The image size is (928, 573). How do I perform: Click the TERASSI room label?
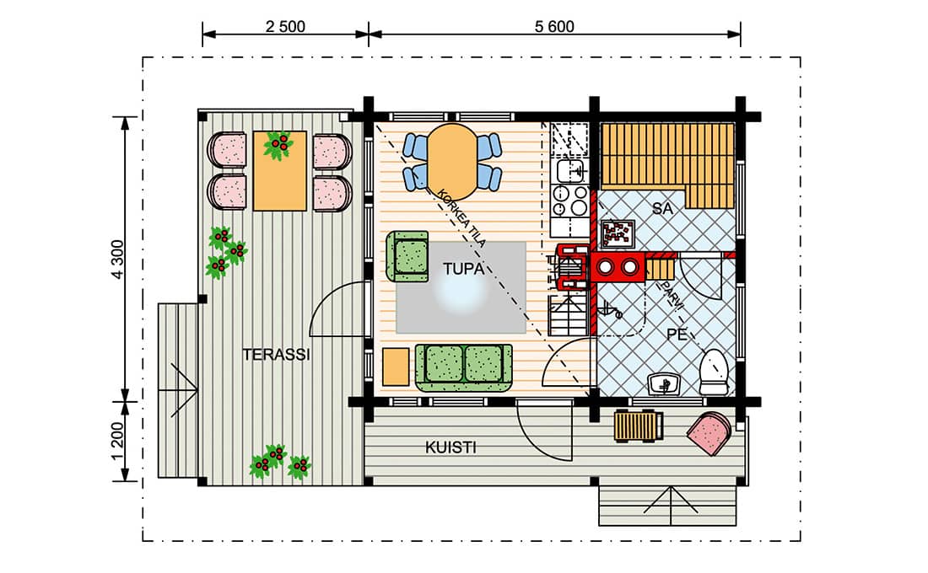tap(277, 355)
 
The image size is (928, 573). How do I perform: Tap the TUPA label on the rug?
tap(463, 269)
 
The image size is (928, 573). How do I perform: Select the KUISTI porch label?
tap(451, 447)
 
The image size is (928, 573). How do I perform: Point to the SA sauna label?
tap(663, 209)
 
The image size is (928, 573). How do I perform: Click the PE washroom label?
tap(677, 335)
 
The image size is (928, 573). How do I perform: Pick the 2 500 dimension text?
tap(285, 27)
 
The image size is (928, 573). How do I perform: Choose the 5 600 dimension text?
tap(554, 27)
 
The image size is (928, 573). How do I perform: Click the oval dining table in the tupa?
tap(452, 162)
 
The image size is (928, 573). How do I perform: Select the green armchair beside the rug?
tap(407, 257)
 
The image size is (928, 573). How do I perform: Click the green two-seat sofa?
tap(463, 367)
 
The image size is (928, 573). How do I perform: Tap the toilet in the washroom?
tap(713, 372)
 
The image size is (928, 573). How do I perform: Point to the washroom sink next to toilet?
tap(664, 383)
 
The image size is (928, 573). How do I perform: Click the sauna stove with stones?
tap(618, 233)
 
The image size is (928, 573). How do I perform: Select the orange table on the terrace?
tap(280, 171)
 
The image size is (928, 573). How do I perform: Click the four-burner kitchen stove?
tap(570, 201)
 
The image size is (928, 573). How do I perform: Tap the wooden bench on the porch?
tap(639, 426)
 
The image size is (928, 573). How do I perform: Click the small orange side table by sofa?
tap(396, 367)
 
